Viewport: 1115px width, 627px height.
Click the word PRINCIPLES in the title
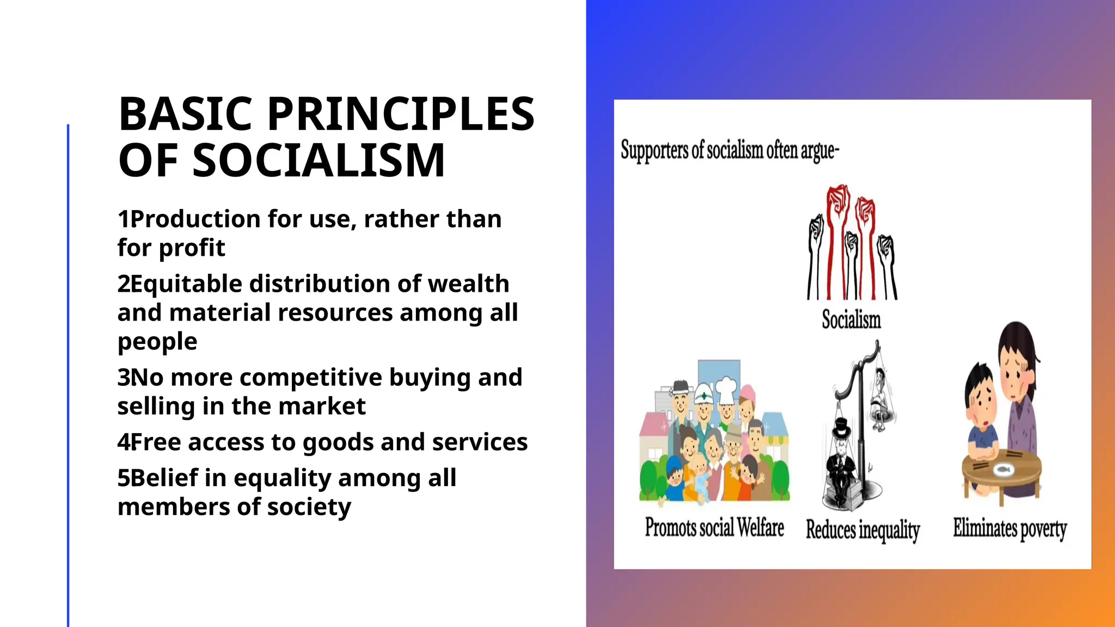(401, 114)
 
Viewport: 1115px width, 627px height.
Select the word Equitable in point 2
(185, 284)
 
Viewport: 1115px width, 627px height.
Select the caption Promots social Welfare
(714, 527)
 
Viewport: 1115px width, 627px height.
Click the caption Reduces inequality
(862, 530)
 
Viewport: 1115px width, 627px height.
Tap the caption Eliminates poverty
(1009, 528)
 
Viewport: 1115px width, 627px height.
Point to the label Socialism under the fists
(851, 319)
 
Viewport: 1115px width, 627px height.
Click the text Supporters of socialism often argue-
(730, 150)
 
